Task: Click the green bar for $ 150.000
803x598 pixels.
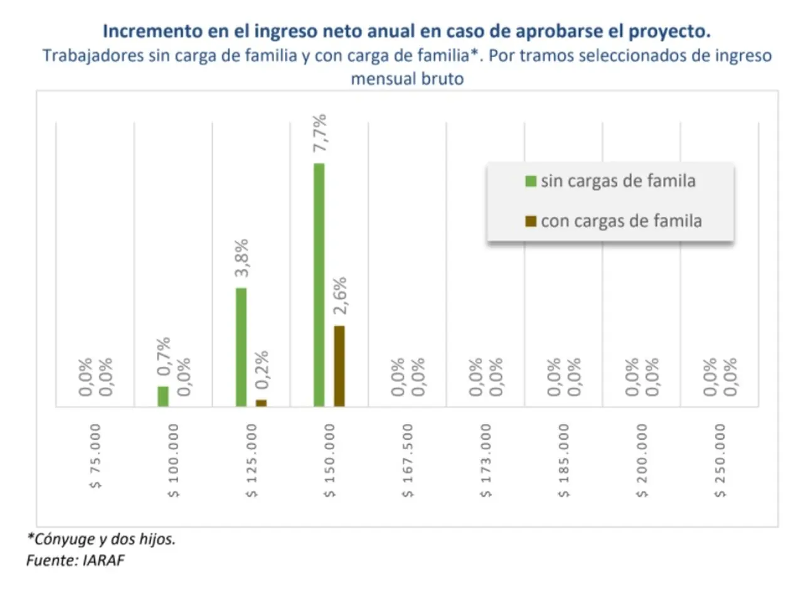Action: point(319,285)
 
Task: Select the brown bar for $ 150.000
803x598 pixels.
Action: point(339,366)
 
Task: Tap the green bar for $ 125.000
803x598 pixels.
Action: point(241,347)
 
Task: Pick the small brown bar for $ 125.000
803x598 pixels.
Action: point(261,403)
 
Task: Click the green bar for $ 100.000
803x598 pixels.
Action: point(163,396)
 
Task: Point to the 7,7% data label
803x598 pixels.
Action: point(320,133)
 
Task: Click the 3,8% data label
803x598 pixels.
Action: point(242,258)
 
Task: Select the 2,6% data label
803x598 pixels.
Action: point(339,296)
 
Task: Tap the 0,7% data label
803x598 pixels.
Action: point(163,356)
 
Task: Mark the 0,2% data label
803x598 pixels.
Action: point(262,369)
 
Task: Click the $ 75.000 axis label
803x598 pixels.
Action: point(95,456)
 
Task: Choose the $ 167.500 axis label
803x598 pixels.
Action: point(408,460)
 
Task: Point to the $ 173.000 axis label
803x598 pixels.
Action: point(486,460)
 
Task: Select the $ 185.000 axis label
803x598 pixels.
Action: point(564,460)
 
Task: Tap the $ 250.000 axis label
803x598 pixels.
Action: point(720,460)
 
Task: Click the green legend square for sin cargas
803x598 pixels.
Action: point(531,181)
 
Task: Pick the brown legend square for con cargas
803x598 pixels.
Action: point(531,221)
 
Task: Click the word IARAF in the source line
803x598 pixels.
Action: point(104,560)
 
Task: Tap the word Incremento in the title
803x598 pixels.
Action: point(153,31)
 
